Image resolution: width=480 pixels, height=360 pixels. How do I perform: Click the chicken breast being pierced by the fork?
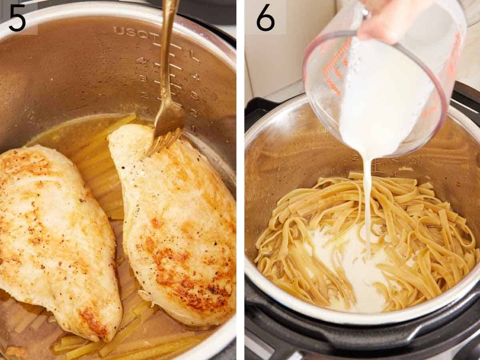tap(180, 224)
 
